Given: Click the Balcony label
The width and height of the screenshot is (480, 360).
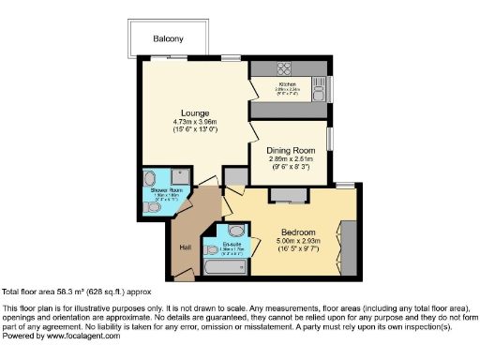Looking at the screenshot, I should (x=169, y=39).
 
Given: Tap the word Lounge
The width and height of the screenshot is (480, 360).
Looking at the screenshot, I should (x=194, y=113).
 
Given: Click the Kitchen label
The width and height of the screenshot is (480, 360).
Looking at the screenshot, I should (x=287, y=85).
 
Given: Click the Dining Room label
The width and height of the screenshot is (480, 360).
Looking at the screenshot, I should (x=289, y=151).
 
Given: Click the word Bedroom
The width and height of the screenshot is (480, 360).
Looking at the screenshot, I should (x=298, y=232).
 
